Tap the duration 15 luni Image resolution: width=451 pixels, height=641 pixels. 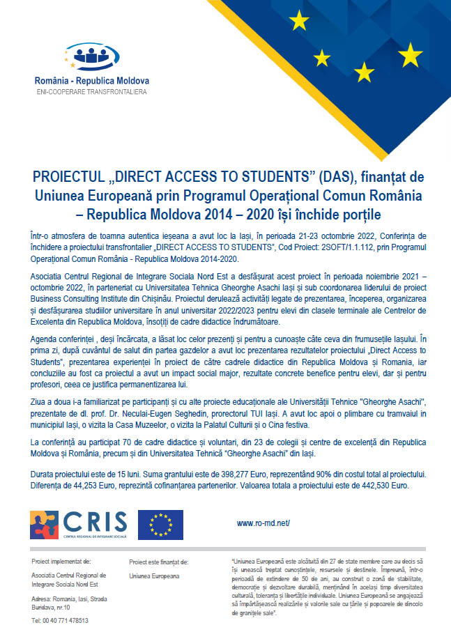coord(115,474)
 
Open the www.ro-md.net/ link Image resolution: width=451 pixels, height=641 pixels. coord(263,523)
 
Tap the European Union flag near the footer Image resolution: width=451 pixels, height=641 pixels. coord(160,525)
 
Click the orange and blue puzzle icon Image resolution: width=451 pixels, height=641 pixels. coord(44,525)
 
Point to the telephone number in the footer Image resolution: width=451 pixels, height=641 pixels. coord(60,620)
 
